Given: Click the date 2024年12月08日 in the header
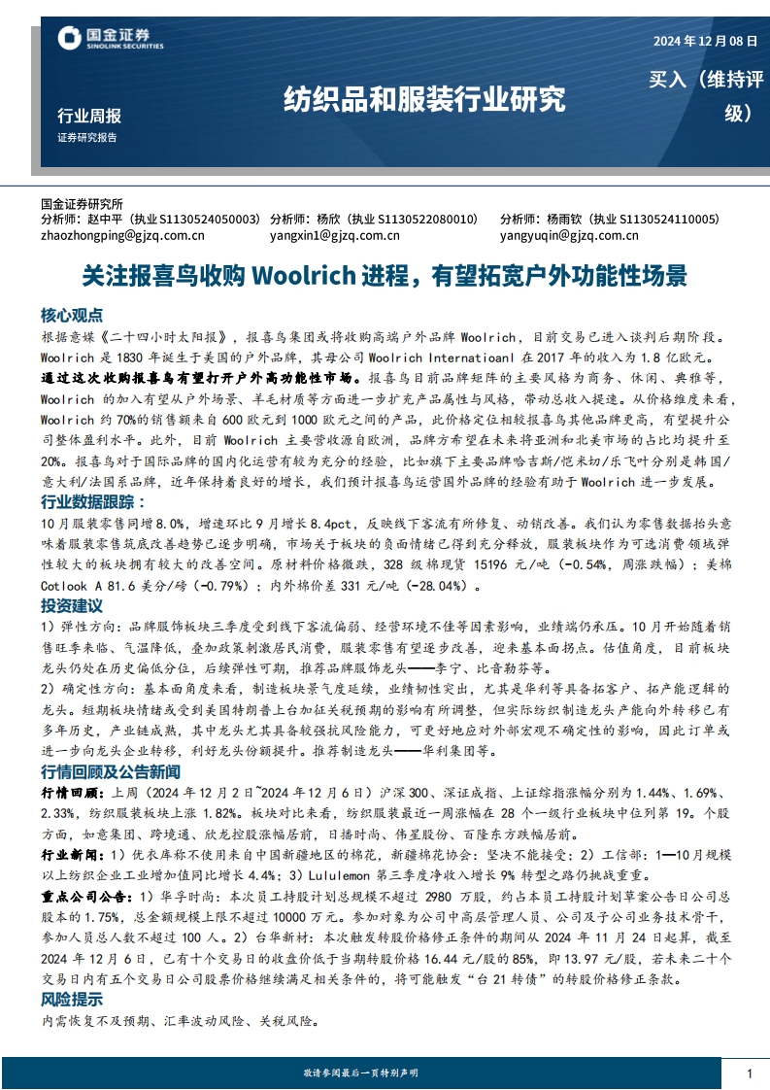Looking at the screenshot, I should pos(704,42).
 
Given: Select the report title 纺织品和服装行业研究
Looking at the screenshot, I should pos(423,98).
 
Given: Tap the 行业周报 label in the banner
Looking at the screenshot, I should pos(89,116).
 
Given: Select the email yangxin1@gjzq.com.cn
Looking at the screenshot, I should pos(335,234).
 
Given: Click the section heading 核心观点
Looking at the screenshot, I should pos(71,316).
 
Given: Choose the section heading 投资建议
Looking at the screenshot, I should pos(71,604).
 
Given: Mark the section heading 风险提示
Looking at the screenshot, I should pos(71,999).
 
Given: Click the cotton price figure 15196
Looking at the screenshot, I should pos(464,565).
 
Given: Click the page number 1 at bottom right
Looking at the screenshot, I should pos(750,1073).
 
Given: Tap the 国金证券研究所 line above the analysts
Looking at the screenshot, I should pos(83,205).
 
